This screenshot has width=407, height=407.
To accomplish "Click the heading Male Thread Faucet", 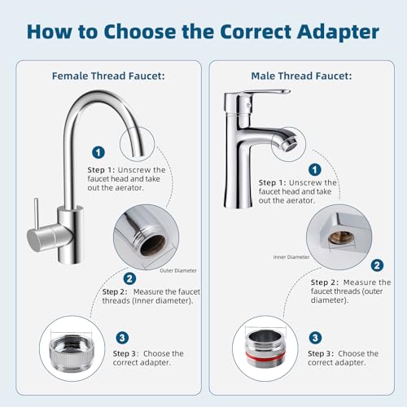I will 301,75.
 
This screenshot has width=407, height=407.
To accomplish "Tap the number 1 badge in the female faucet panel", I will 98,152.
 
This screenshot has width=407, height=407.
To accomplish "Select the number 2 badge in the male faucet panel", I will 377,265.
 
